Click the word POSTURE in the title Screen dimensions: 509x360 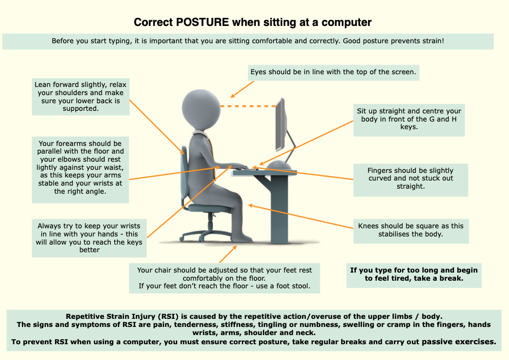202,22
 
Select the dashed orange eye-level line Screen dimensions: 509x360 248,106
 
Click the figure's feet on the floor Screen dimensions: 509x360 242,237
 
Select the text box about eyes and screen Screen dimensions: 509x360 334,72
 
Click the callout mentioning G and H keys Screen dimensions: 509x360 409,120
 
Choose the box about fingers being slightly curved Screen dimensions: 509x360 411,180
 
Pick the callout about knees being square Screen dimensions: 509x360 411,231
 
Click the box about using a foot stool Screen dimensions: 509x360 224,278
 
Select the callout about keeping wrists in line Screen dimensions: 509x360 89,238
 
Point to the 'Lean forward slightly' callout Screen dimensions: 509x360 80,97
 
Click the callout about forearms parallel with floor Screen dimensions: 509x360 80,170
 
